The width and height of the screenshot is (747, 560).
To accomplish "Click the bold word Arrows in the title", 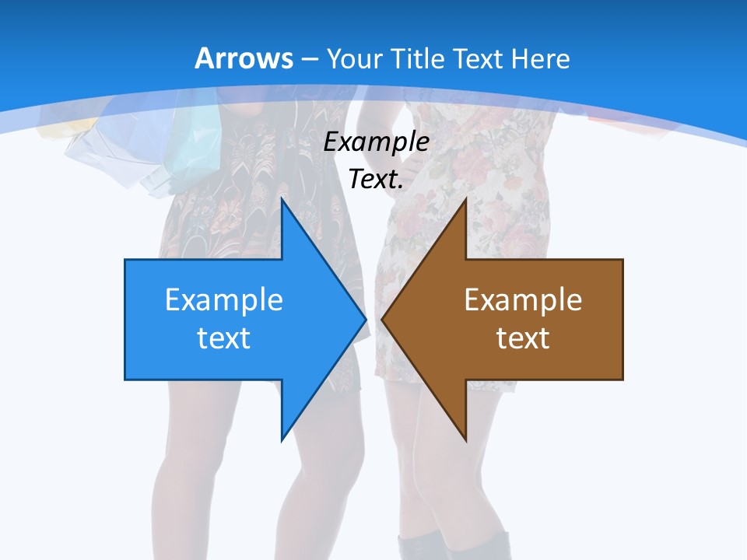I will [244, 58].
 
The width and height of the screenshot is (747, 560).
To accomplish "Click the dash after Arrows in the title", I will [308, 59].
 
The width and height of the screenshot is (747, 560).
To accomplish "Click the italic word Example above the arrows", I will [376, 142].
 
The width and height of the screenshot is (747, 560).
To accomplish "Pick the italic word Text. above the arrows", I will [376, 179].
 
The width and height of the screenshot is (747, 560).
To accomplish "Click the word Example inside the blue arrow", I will [224, 299].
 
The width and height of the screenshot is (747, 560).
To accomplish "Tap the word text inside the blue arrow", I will [224, 338].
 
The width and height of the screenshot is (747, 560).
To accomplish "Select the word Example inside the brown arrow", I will [523, 299].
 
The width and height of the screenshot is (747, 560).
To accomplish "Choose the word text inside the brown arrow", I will [523, 338].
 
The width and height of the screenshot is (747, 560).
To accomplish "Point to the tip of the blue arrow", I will [364, 319].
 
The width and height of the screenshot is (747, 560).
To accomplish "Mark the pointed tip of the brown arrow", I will [384, 319].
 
